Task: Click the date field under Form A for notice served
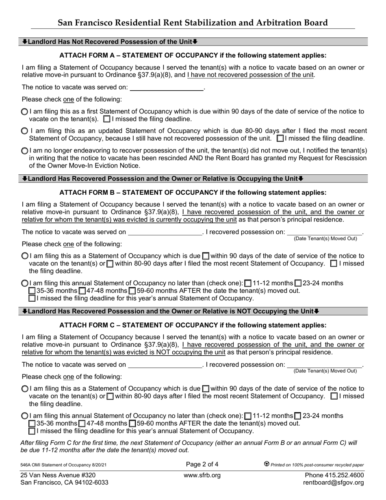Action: click(166, 87)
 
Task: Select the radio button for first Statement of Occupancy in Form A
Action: click(24, 112)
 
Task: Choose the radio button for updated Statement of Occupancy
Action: click(24, 131)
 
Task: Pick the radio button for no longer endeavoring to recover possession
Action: click(24, 150)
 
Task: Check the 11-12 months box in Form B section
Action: click(248, 283)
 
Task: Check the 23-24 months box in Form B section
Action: click(298, 283)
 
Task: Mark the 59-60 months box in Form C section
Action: click(132, 424)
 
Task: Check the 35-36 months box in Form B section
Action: click(32, 291)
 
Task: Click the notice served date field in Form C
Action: click(165, 365)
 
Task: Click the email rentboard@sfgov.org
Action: click(334, 483)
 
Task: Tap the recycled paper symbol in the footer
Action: click(267, 464)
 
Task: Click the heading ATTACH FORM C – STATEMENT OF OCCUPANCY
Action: click(193, 325)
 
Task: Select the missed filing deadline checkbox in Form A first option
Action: click(107, 120)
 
